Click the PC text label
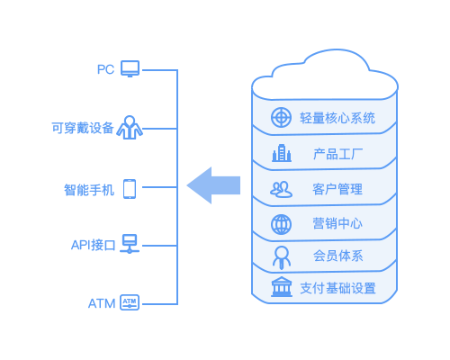pyautogui.click(x=105, y=69)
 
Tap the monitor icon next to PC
pyautogui.click(x=130, y=68)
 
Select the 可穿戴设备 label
pyautogui.click(x=83, y=128)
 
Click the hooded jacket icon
pyautogui.click(x=130, y=128)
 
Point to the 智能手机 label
pyautogui.click(x=89, y=190)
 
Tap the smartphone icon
pyautogui.click(x=130, y=189)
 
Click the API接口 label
pyautogui.click(x=94, y=245)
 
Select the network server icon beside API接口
pyautogui.click(x=130, y=243)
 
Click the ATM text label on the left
pyautogui.click(x=102, y=303)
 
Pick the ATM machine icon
pyautogui.click(x=130, y=302)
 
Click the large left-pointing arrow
pyautogui.click(x=213, y=185)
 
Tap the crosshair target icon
pyautogui.click(x=281, y=117)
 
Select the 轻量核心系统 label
pyautogui.click(x=337, y=118)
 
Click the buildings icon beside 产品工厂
pyautogui.click(x=282, y=153)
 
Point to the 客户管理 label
pyautogui.click(x=337, y=189)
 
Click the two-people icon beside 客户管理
pyautogui.click(x=281, y=189)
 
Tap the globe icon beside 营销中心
pyautogui.click(x=281, y=224)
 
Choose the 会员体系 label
pyautogui.click(x=338, y=256)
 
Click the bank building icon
pyautogui.click(x=282, y=287)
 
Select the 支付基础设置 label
pyautogui.click(x=337, y=288)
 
